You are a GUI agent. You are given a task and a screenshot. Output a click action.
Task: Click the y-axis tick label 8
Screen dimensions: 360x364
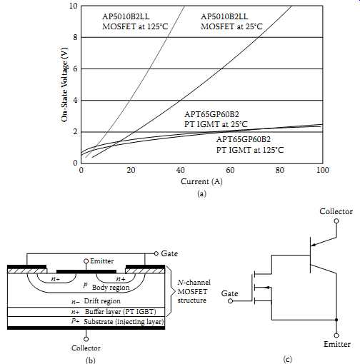(75, 37)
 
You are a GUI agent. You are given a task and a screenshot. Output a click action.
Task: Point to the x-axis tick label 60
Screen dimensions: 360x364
(230, 170)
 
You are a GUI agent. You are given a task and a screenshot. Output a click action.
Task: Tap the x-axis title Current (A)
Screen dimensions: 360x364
(201, 181)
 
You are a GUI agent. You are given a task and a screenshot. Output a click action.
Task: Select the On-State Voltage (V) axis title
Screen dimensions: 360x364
(64, 85)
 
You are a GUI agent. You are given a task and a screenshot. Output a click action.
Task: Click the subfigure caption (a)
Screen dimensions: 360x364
(201, 193)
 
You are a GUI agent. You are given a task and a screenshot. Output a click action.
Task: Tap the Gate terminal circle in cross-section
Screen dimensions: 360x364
(156, 253)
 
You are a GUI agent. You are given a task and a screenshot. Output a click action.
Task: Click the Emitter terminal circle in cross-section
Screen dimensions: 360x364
(86, 261)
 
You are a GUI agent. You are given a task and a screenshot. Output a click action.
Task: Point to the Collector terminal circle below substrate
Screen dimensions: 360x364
(86, 339)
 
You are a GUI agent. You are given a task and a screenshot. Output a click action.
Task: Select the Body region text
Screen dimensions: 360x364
(111, 288)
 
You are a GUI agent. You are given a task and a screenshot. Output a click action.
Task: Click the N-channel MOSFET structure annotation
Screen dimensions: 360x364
(194, 291)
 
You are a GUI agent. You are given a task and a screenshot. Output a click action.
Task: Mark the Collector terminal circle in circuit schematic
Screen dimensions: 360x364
(336, 221)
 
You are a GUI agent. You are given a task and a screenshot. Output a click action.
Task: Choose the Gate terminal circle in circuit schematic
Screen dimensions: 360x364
(230, 301)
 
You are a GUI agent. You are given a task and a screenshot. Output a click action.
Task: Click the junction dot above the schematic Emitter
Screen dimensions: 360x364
(336, 320)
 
